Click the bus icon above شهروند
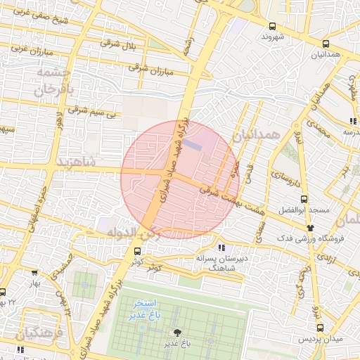click(x=272, y=26)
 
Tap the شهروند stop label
click(x=272, y=37)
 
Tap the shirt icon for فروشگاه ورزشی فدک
click(x=310, y=228)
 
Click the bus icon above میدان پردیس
click(x=321, y=328)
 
